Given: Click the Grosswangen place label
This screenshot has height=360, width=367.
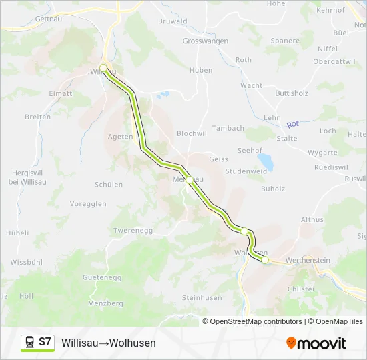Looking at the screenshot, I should click(206, 41).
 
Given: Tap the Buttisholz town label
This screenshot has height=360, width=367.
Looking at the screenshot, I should click(292, 94).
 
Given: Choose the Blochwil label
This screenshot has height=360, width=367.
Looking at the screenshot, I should click(192, 133).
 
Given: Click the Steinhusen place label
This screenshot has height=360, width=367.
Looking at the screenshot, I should click(201, 298).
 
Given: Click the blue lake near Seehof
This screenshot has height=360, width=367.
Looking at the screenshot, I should click(266, 161).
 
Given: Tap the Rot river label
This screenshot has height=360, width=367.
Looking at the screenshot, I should click(292, 125).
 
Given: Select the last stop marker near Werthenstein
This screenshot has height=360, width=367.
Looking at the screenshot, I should click(265, 260).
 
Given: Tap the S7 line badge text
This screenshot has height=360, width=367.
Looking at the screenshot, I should click(45, 342).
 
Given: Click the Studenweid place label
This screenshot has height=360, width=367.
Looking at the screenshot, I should click(246, 171).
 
